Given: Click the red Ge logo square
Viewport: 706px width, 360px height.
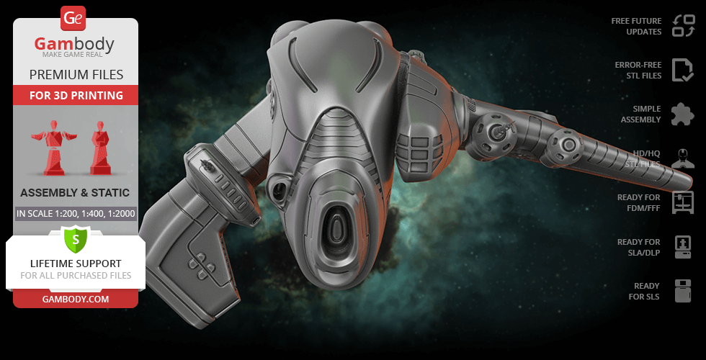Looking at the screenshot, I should [73, 17].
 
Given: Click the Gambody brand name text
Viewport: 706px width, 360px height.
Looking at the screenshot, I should [75, 45].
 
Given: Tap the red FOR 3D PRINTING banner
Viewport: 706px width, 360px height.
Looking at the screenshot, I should [76, 95].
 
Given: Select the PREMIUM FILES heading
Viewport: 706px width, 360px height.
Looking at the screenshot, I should [76, 75].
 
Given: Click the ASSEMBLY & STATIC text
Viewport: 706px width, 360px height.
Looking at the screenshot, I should [75, 193].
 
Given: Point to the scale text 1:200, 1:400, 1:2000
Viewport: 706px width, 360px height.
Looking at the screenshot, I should [76, 213].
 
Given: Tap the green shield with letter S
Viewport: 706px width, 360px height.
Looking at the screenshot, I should [75, 238].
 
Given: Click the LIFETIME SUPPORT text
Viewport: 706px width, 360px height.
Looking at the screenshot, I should [75, 264].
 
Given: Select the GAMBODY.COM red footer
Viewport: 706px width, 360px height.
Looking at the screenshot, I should [75, 298].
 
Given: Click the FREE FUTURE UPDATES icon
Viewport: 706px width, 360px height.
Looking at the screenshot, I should [682, 26].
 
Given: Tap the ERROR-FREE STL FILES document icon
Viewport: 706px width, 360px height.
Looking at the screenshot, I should [682, 70].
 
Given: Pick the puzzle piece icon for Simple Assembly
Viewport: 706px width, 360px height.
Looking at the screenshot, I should [682, 114].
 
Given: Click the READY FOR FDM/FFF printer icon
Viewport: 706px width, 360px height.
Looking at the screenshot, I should [682, 202].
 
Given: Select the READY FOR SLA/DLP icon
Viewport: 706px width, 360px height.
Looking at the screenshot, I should [682, 247].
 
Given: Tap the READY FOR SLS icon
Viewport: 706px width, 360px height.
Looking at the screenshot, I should [682, 291].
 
